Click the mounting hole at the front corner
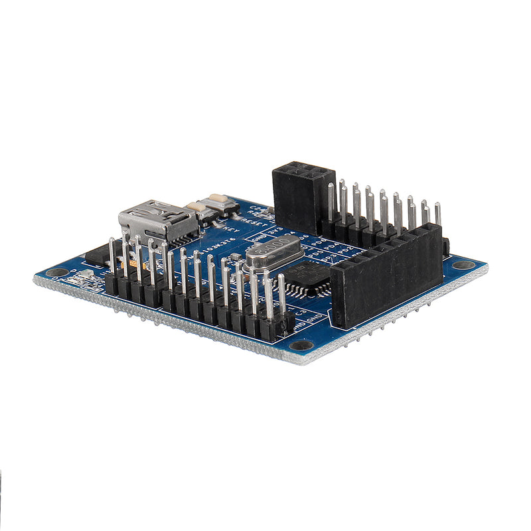302,345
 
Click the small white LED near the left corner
86,275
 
